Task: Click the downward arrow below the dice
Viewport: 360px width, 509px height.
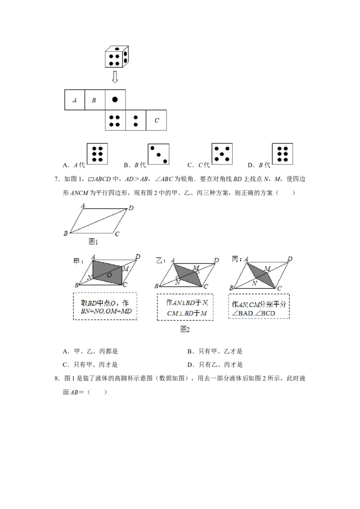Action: click(x=115, y=77)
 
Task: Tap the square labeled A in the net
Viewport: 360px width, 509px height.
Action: click(x=75, y=100)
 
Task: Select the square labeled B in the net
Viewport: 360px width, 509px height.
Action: click(x=95, y=100)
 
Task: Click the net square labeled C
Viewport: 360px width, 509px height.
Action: click(x=156, y=120)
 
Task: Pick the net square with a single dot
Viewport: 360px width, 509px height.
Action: click(x=115, y=100)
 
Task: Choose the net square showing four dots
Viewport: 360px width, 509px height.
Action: click(x=115, y=120)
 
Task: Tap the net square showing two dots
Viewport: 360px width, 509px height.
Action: click(x=136, y=120)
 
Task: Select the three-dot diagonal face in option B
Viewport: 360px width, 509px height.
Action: click(x=158, y=154)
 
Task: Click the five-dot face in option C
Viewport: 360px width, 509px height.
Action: click(x=222, y=153)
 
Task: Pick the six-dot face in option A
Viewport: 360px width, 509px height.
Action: click(x=97, y=154)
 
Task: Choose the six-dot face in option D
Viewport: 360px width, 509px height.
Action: click(x=282, y=153)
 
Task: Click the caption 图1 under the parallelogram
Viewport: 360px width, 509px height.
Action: click(x=93, y=242)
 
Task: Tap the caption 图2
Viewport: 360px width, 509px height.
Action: click(x=185, y=330)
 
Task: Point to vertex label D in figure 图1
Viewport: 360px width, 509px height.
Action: click(x=131, y=208)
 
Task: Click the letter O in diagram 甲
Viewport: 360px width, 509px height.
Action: click(x=109, y=275)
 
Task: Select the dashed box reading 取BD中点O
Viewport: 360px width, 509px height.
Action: click(x=105, y=307)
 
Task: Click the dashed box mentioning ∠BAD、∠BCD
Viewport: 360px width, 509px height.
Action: click(x=259, y=307)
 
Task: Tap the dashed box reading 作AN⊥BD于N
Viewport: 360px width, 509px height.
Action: click(x=185, y=307)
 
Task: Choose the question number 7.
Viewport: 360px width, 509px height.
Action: click(x=57, y=179)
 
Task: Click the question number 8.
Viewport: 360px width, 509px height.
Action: click(x=57, y=379)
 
